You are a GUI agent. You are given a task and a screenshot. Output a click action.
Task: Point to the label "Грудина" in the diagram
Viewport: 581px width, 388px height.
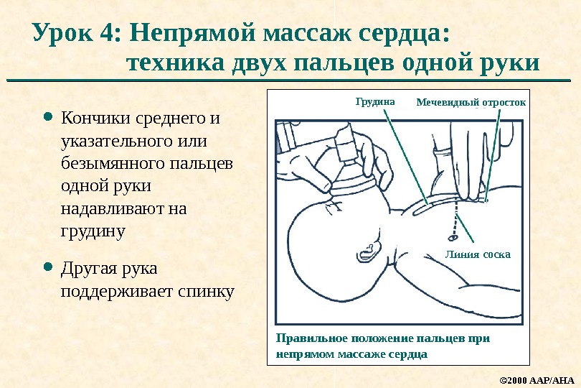(375, 102)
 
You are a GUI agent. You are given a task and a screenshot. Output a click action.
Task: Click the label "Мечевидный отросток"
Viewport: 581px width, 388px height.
(471, 103)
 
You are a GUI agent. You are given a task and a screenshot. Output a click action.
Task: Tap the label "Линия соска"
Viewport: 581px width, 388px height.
(477, 254)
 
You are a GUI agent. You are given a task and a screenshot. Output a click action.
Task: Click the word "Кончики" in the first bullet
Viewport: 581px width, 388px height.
(93, 117)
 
